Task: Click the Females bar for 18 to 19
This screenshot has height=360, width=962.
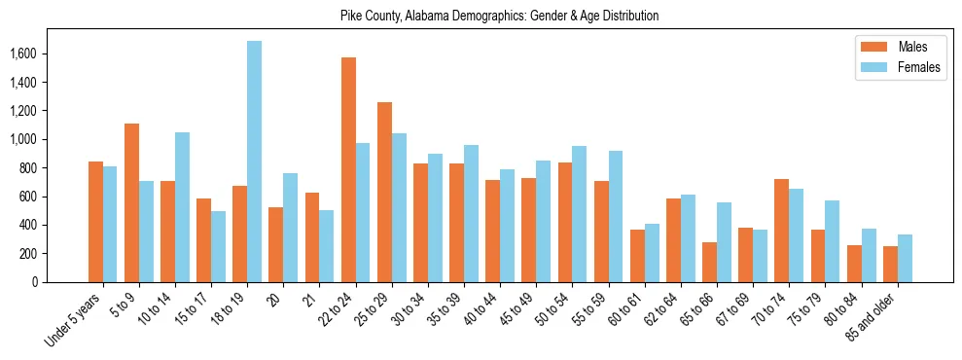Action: point(254,162)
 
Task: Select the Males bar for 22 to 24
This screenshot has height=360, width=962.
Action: point(348,170)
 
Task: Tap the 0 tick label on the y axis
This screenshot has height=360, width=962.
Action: point(64,282)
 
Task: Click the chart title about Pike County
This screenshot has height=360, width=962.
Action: point(499,16)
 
